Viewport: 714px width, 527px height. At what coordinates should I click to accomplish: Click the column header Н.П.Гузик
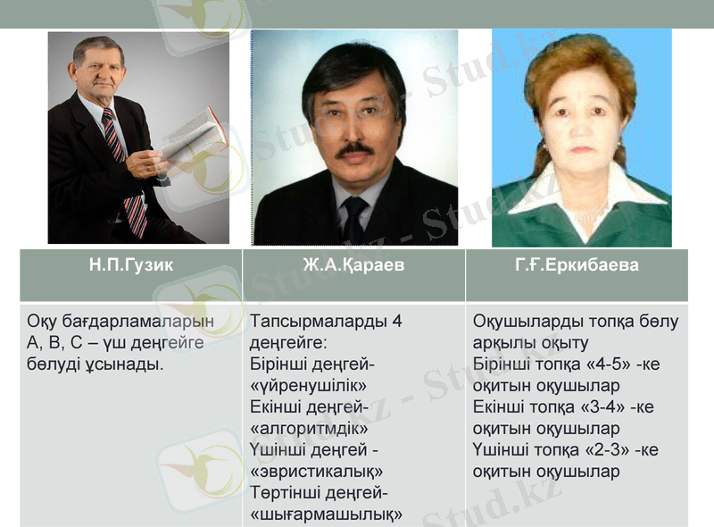pyautogui.click(x=130, y=265)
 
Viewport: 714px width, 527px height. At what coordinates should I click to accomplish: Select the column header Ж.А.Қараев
pyautogui.click(x=353, y=265)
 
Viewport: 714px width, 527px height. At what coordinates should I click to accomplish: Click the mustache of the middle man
pyautogui.click(x=354, y=150)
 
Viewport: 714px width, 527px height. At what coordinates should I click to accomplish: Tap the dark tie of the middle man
pyautogui.click(x=354, y=217)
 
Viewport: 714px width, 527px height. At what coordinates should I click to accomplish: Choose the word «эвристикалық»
pyautogui.click(x=317, y=471)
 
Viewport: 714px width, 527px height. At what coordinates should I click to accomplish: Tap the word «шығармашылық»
pyautogui.click(x=327, y=514)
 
